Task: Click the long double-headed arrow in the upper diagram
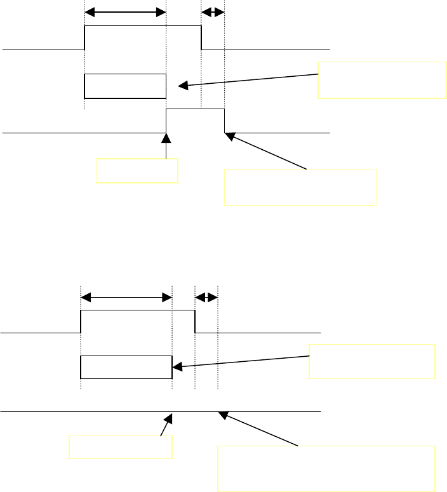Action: (x=125, y=12)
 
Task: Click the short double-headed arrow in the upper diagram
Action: (x=213, y=12)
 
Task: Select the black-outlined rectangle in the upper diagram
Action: (x=125, y=86)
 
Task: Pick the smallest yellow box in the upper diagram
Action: (x=137, y=171)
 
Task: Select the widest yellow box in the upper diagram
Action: (x=300, y=187)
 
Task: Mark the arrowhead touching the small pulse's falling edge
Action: (x=229, y=134)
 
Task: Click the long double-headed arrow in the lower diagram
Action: (x=127, y=297)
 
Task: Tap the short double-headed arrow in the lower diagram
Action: (x=206, y=297)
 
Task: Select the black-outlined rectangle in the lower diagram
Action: (x=126, y=368)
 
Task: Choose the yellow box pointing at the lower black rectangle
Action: (x=372, y=361)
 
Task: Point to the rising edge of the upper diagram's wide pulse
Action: (x=85, y=37)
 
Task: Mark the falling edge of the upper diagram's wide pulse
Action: (x=201, y=37)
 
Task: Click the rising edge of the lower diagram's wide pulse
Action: (x=81, y=321)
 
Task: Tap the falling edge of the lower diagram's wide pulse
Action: (x=195, y=321)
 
